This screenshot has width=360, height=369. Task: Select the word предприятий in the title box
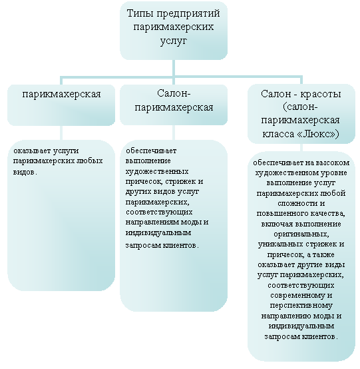tap(188, 14)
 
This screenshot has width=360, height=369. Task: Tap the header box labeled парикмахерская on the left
tap(61, 105)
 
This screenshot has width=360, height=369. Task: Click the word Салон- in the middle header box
tap(174, 93)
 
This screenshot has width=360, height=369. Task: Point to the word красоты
tap(320, 94)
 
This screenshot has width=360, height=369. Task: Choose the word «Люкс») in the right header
tap(318, 134)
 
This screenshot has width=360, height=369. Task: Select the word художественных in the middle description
tap(157, 172)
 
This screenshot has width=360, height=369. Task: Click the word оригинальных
tap(301, 234)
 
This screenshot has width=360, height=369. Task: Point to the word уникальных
tap(278, 244)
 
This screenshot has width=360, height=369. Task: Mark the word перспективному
tap(301, 306)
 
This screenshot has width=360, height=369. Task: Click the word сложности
tap(295, 204)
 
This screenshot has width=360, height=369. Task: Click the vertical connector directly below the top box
tap(174, 68)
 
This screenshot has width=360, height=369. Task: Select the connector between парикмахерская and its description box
tap(61, 133)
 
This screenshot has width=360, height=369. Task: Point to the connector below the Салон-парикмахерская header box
tap(174, 133)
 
